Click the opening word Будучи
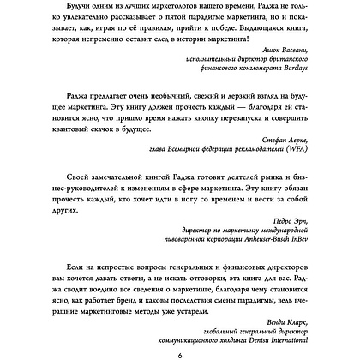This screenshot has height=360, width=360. click(x=76, y=7)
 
